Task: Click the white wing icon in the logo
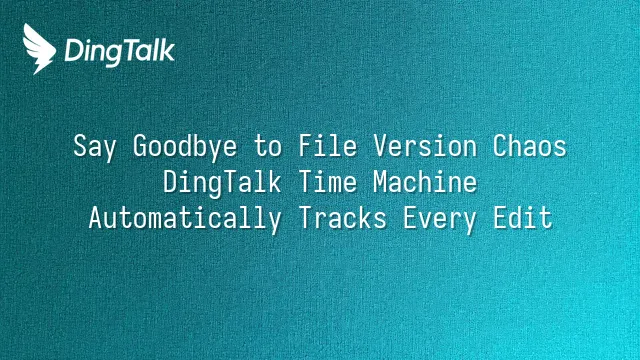click(38, 49)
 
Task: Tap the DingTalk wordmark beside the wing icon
click(120, 52)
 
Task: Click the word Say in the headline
click(95, 147)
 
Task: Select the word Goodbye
click(185, 146)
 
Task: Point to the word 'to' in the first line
click(268, 147)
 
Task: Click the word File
click(328, 146)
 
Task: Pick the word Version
click(425, 146)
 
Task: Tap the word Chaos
click(530, 146)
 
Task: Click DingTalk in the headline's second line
click(222, 182)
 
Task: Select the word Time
click(328, 182)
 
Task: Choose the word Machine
click(425, 182)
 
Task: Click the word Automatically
click(185, 218)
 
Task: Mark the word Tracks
click(343, 218)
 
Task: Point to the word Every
click(440, 219)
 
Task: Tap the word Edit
click(523, 218)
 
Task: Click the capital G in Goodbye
click(140, 146)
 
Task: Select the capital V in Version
click(381, 146)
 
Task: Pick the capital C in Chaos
click(500, 146)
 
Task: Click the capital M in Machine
click(381, 182)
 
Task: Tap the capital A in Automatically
click(96, 218)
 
